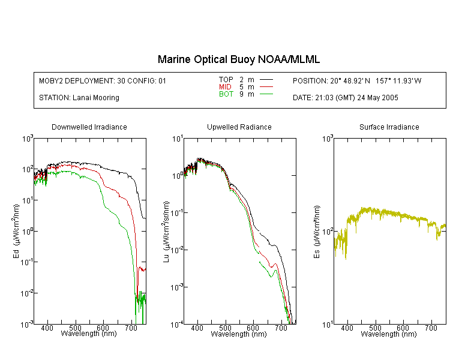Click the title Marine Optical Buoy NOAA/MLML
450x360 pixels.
238,59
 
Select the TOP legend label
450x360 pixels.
226,80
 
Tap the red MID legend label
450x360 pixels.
225,86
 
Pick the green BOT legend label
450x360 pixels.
226,94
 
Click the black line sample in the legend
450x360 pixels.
266,80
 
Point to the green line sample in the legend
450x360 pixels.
266,94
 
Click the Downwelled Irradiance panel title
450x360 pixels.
89,127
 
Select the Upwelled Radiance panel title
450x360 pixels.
239,127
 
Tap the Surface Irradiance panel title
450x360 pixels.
389,127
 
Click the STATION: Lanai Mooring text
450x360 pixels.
79,98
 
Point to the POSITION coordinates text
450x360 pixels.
357,81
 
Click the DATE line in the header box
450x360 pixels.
345,98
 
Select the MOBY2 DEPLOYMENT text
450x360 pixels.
103,81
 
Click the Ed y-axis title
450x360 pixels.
16,231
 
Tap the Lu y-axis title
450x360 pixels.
166,232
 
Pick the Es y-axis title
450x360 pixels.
316,232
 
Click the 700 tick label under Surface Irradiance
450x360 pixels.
431,328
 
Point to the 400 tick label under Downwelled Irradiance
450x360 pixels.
47,328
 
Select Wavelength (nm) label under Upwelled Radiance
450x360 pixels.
239,334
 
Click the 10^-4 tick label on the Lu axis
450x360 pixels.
176,325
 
